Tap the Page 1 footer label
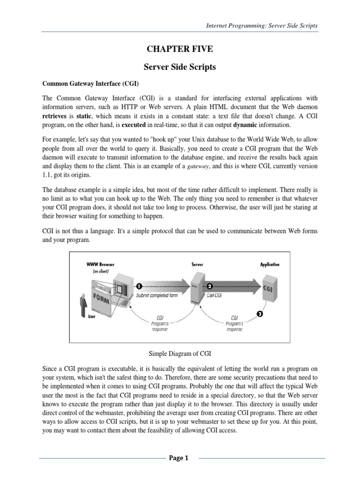(179, 459)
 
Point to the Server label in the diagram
(197, 264)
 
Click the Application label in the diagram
(270, 264)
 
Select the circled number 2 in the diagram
(210, 285)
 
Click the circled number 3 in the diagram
(260, 314)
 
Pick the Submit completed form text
(157, 296)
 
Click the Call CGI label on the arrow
(214, 296)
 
